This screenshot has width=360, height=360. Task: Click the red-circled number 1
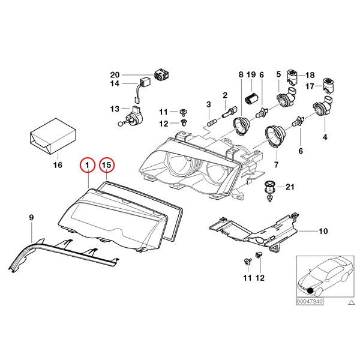pyautogui.click(x=88, y=164)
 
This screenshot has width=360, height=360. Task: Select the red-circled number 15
pyautogui.click(x=107, y=164)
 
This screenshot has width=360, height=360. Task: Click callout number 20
pyautogui.click(x=115, y=74)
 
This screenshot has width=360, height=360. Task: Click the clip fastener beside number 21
pyautogui.click(x=270, y=188)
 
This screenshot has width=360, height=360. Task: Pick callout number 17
pyautogui.click(x=311, y=86)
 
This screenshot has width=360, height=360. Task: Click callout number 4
pyautogui.click(x=325, y=138)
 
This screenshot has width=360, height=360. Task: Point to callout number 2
pyautogui.click(x=225, y=95)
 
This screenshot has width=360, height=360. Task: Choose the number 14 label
pyautogui.click(x=115, y=84)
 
